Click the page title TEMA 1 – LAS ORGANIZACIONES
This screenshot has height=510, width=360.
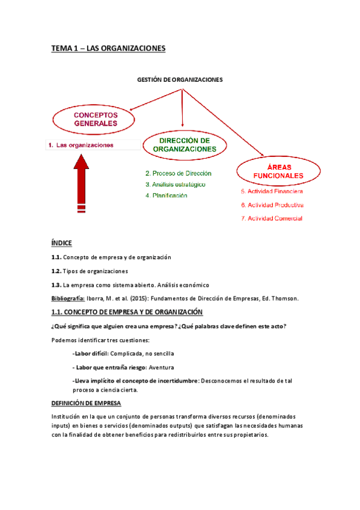pos(108,48)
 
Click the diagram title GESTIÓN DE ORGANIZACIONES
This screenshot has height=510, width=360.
pos(180,79)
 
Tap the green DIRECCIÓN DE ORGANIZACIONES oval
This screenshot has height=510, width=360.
pos(185,144)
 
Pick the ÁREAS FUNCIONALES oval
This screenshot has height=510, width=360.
pos(277,171)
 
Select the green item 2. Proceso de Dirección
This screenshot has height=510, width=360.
pos(178,173)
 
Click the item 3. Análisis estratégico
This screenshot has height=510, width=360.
pos(175,184)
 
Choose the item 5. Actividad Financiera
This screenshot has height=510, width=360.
pos(272,191)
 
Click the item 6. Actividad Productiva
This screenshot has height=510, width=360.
pos(272,204)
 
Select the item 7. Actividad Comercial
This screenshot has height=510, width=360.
pos(271,218)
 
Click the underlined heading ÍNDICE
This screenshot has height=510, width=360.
pos(61,243)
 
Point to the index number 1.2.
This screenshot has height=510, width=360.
pos(56,271)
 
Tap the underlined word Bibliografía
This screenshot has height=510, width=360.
pos(67,298)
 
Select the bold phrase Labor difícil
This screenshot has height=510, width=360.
pos(94,354)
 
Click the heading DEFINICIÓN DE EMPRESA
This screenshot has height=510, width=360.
pos(86,403)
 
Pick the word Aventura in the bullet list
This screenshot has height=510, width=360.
pos(160,367)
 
